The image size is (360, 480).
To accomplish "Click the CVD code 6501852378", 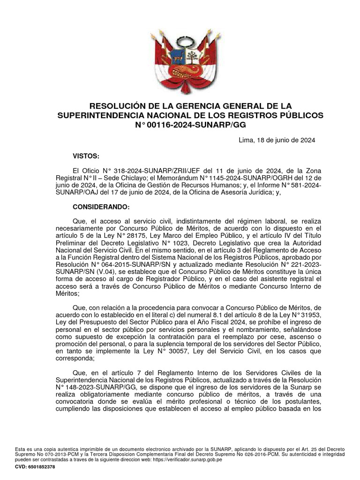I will point(40,467).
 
